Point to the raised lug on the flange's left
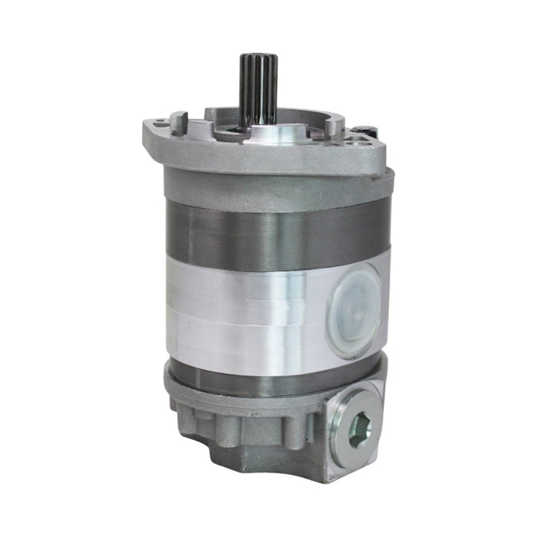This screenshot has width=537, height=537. [x=178, y=122]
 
